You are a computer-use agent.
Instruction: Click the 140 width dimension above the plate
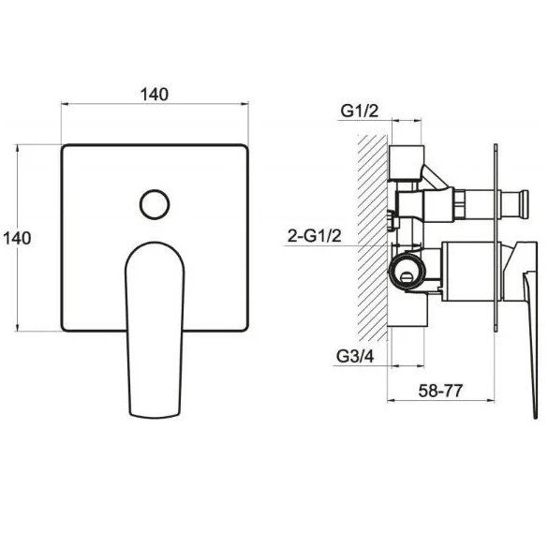155,95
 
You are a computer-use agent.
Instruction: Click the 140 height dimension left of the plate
17,238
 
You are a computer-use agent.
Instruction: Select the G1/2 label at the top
360,111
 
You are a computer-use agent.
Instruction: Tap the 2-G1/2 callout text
314,236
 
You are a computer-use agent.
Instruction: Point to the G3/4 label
355,356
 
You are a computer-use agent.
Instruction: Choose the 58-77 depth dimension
440,391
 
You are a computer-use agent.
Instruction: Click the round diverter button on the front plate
155,204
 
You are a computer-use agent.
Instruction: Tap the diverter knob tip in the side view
524,205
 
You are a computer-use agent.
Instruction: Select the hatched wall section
373,238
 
